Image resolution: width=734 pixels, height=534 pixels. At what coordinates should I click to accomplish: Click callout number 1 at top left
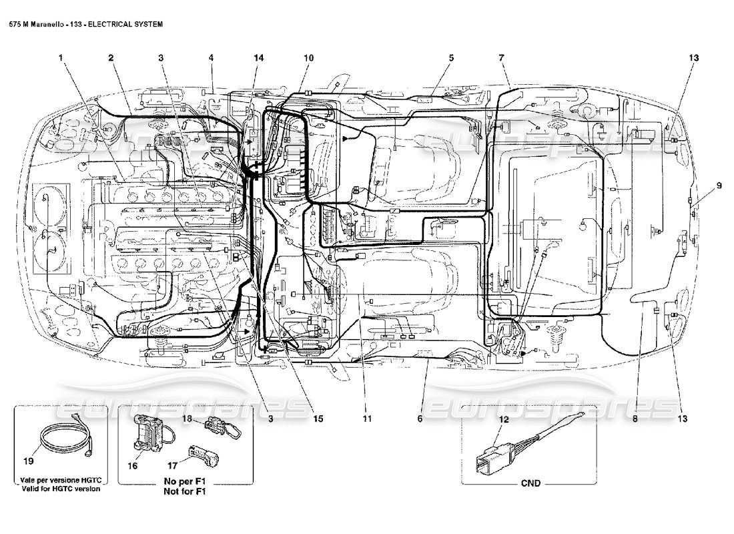pos(61,58)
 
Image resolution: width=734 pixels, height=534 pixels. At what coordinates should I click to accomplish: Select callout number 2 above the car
pos(111,58)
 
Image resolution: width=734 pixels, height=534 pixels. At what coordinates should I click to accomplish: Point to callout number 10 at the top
pos(308,58)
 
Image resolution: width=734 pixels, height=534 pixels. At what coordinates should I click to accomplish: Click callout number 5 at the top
pos(451,58)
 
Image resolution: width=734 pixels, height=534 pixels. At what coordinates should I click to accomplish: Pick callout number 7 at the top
pos(501,58)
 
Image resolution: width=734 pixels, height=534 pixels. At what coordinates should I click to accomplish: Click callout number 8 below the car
pos(635,419)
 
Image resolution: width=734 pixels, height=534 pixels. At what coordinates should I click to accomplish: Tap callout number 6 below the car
pos(420,419)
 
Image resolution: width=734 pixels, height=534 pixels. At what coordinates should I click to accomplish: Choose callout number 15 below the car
pos(318,419)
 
